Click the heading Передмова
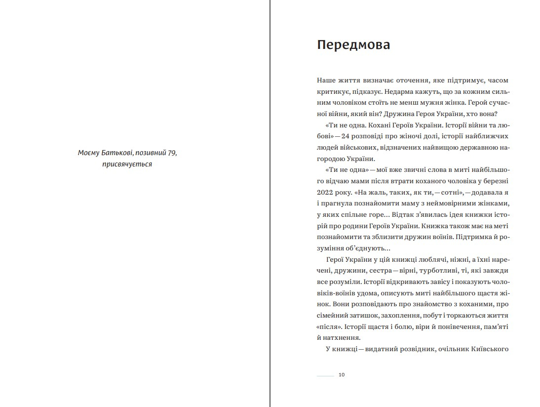click(353, 45)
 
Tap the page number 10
click(342, 375)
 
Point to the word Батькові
click(113, 153)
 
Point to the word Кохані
click(376, 125)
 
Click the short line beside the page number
click(325, 375)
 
